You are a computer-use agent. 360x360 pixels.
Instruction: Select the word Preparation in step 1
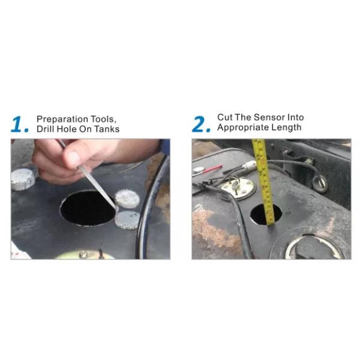62,119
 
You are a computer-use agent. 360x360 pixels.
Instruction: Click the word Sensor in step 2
268,118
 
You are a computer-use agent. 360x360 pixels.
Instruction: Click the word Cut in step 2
225,118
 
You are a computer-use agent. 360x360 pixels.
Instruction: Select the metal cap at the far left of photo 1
23,179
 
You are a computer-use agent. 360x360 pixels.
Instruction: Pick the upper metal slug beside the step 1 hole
127,199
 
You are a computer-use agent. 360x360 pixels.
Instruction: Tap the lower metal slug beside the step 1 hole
127,220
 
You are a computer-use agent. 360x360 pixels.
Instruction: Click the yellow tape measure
265,182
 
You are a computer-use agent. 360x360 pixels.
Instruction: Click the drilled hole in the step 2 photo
266,214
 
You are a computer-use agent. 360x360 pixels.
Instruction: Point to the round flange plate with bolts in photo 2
238,187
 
